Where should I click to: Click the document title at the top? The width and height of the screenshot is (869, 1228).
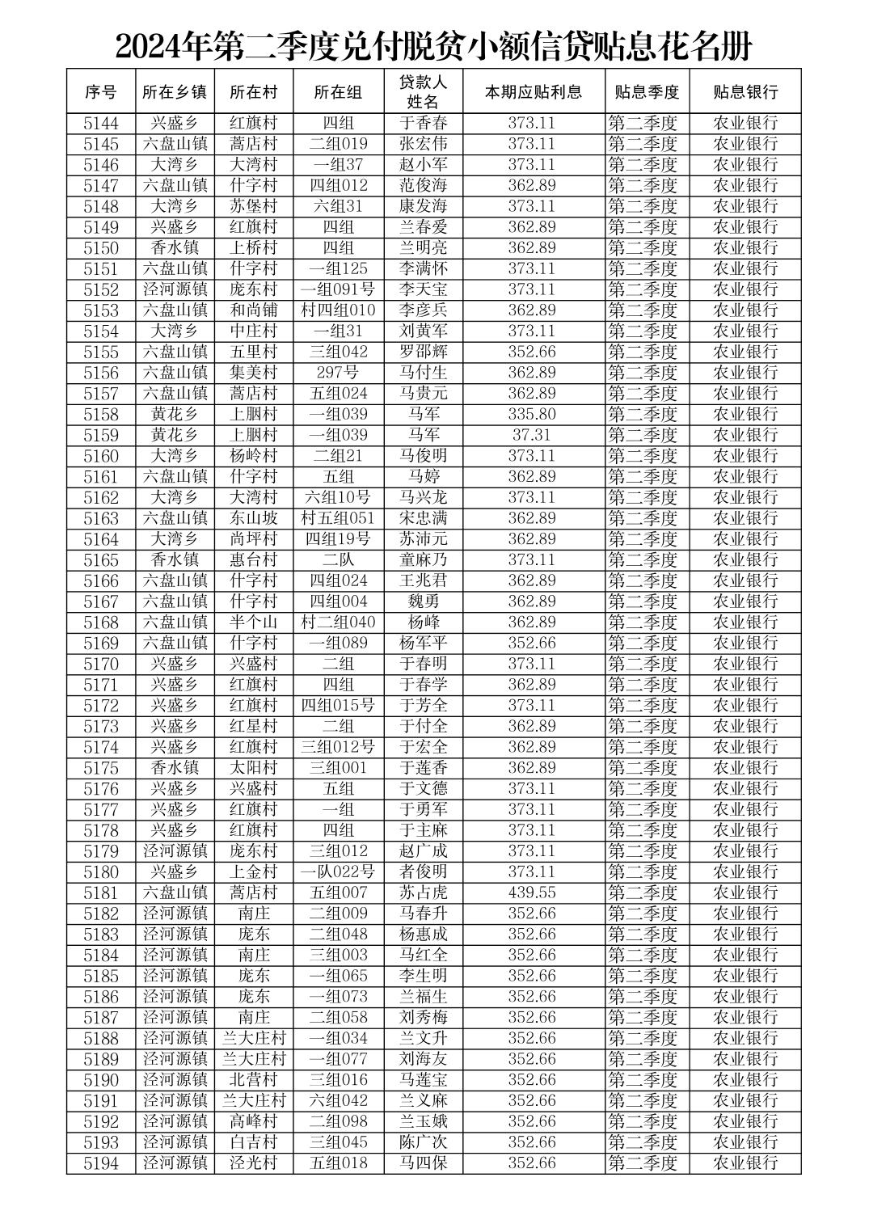(434, 47)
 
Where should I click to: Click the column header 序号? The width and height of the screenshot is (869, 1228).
(101, 92)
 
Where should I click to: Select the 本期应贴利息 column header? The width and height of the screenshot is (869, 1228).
(533, 92)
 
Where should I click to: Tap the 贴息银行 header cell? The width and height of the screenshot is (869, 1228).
(745, 92)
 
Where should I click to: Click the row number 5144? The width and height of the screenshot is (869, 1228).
(101, 124)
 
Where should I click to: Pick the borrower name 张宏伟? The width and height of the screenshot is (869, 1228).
(423, 145)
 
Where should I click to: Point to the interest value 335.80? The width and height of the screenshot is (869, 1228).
(532, 415)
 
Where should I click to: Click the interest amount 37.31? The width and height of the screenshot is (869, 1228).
(532, 435)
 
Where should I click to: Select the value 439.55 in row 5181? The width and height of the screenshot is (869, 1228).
(532, 893)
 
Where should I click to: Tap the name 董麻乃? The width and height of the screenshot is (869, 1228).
(423, 560)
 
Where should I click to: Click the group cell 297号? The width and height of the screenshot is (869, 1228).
(338, 373)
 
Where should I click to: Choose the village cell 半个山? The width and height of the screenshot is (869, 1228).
(253, 622)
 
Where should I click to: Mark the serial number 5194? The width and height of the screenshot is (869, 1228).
(101, 1163)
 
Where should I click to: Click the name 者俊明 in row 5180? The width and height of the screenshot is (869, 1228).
(423, 871)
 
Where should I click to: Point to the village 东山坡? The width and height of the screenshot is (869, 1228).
(253, 518)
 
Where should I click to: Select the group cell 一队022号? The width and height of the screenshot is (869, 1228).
(338, 871)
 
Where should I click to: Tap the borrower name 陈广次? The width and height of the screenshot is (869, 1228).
(423, 1142)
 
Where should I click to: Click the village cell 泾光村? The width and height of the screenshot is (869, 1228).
(253, 1163)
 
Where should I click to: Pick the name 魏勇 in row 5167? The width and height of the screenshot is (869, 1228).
(423, 601)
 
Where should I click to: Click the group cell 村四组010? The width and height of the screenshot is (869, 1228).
(338, 310)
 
